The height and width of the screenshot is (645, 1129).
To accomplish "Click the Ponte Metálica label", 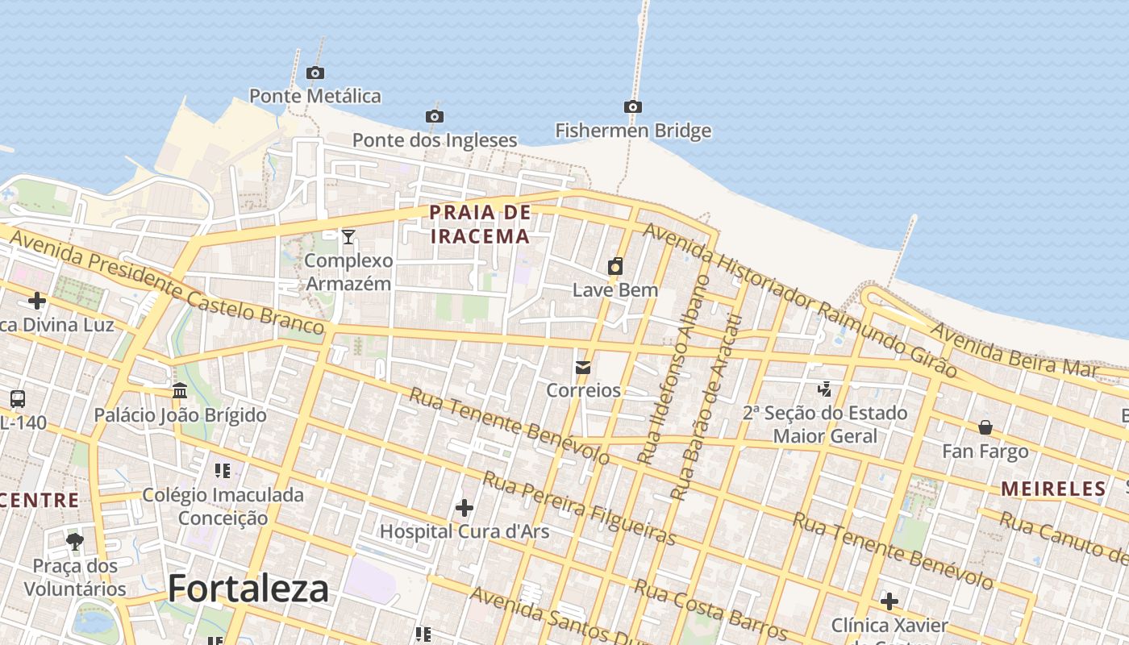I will click(315, 96).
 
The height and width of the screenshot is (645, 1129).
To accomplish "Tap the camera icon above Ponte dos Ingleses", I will click(435, 117).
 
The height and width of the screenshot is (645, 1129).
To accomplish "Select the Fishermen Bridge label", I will click(633, 131).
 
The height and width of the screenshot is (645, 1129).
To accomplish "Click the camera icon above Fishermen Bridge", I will click(633, 106).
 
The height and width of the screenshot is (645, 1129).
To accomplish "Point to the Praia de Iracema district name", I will click(480, 224).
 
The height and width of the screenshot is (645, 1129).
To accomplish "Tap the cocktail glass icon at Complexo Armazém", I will click(348, 236).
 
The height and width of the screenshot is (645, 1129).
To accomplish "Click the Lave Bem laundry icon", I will click(615, 266).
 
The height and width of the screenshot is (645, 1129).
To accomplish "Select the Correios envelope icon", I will click(583, 368).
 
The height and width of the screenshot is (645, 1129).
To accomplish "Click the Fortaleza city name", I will click(248, 589).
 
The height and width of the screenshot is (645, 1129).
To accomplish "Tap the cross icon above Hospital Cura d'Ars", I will click(465, 508).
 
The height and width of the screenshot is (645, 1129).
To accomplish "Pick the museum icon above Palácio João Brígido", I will click(180, 391).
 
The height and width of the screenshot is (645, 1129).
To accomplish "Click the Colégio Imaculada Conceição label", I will click(223, 506).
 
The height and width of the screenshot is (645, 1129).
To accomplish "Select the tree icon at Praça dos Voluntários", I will click(75, 541).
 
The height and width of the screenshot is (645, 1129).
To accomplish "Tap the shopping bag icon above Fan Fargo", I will click(985, 427).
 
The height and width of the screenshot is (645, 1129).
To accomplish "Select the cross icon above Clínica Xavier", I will click(889, 601).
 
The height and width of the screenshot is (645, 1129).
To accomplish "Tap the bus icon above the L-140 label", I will click(18, 398).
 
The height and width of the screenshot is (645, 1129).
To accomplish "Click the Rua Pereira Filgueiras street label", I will click(578, 510).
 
